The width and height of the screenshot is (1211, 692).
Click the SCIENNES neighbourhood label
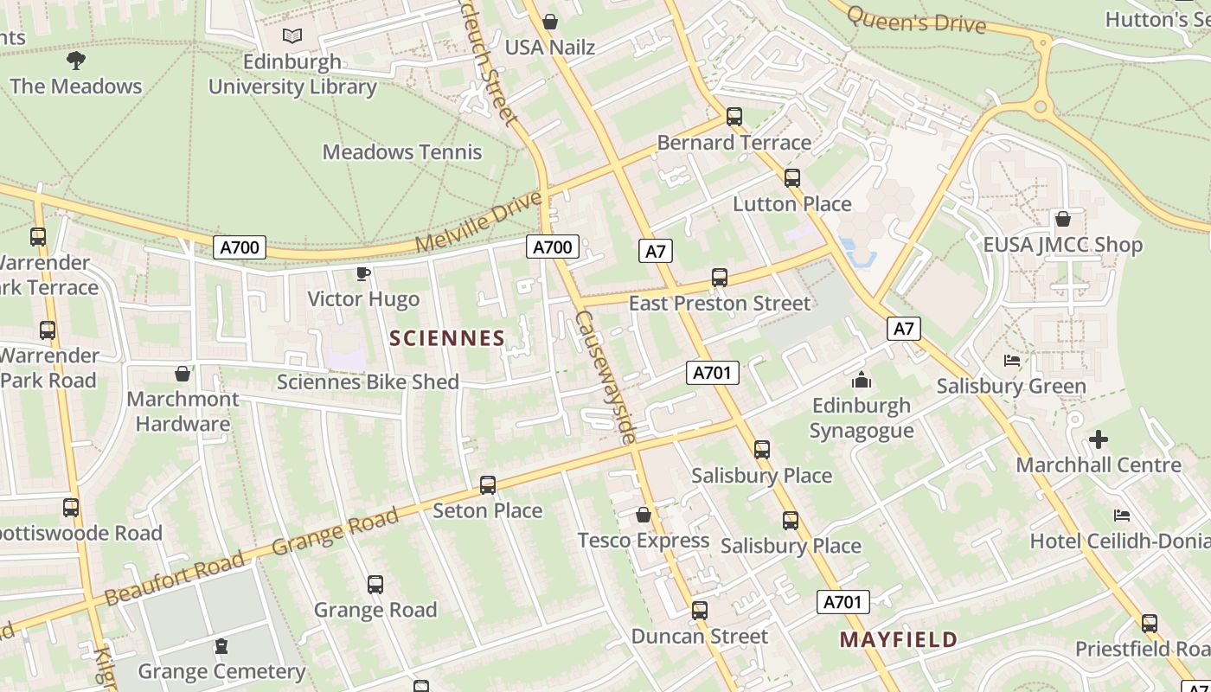coord(447,338)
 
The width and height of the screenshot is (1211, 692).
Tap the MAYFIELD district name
coord(899,640)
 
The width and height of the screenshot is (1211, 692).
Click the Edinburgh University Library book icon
coord(292,36)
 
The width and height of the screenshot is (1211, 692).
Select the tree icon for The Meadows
coord(76,61)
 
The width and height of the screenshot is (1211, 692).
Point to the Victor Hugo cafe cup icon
coord(363,274)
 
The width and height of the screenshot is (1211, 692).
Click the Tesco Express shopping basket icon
coord(644,516)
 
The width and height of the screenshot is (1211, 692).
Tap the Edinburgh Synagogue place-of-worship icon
coord(862,381)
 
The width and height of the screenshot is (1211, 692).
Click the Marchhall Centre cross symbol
coord(1098,439)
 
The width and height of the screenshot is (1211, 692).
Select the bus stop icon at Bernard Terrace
coord(734,116)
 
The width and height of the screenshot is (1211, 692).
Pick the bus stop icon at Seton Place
coord(488,485)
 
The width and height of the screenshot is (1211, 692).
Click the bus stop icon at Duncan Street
coord(700,611)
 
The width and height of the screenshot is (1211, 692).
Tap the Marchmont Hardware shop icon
coord(183,374)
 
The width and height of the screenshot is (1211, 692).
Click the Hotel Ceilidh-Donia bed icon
coord(1122,516)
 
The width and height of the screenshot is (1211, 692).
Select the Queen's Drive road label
coord(916,21)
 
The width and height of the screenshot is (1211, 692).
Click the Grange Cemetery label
coord(221,671)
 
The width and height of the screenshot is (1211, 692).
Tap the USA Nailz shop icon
coord(550,22)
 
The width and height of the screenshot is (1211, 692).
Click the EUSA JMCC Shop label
coord(1063,245)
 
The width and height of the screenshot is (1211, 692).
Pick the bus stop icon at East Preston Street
coord(720,278)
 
